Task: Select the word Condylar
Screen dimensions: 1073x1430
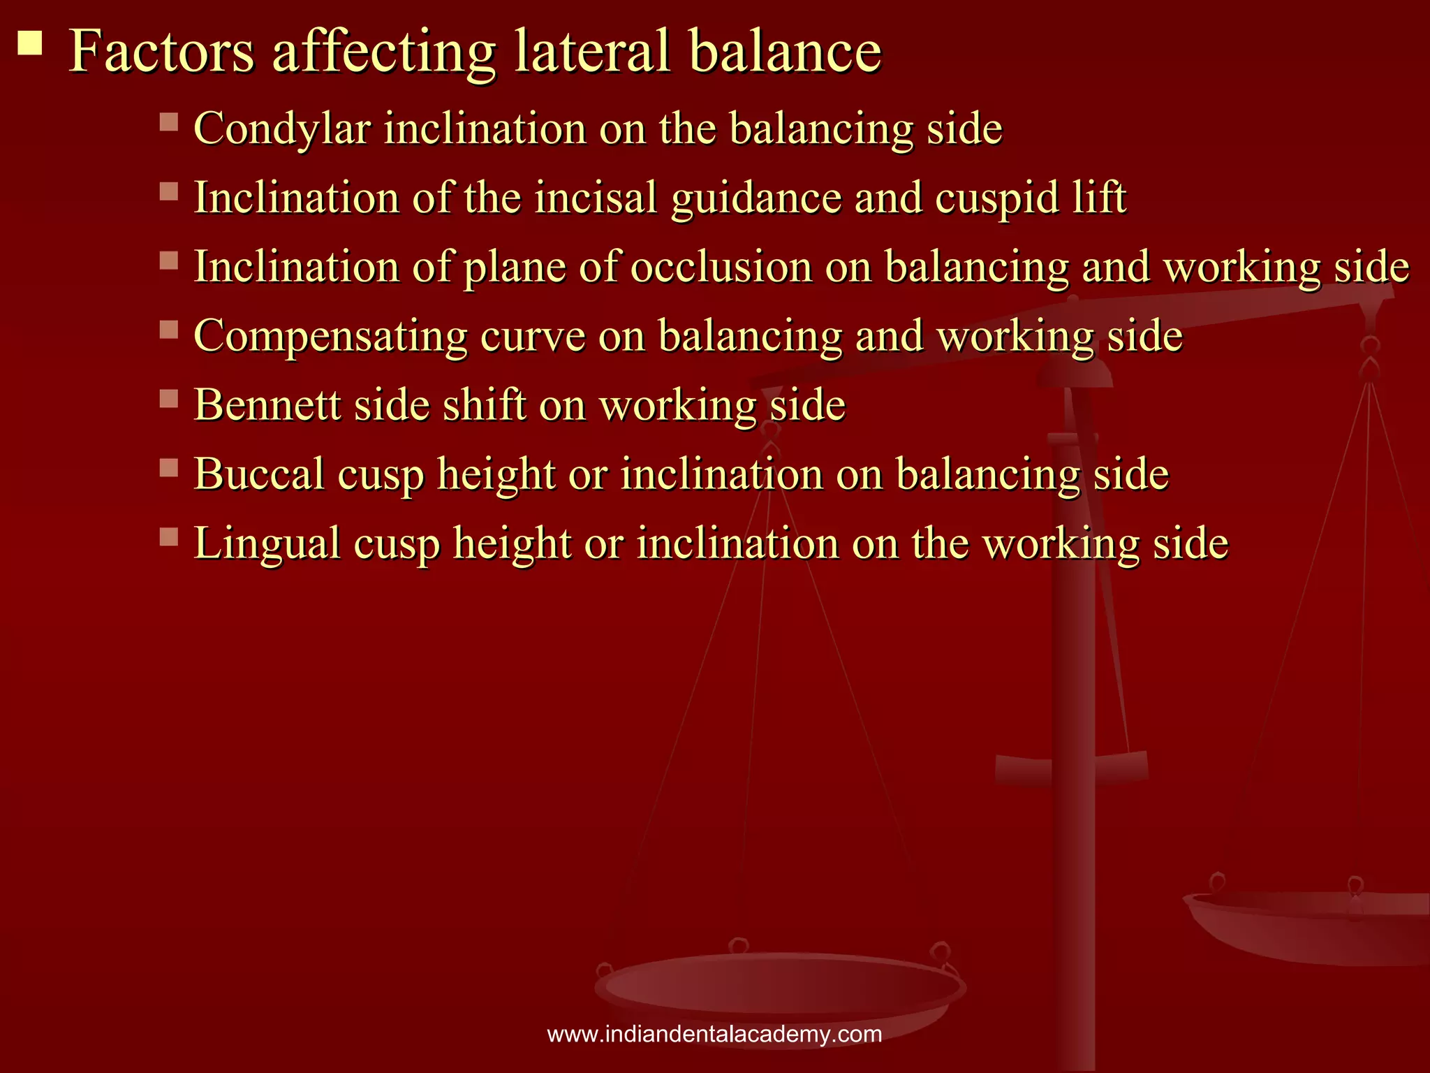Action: (282, 129)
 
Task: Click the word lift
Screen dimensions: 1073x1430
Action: (1099, 198)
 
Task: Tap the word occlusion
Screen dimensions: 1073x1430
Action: (721, 267)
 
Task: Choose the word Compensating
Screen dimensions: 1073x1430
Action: (330, 337)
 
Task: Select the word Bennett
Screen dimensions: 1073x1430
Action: (267, 405)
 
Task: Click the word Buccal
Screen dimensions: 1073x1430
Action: (260, 475)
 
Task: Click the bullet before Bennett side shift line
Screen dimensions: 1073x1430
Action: (169, 398)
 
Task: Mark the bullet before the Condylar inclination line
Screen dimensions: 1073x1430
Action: (169, 122)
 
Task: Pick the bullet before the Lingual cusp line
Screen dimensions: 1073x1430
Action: (169, 536)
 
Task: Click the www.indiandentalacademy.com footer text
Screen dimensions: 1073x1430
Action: (714, 1035)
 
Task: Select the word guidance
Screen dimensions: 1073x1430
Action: (756, 199)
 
